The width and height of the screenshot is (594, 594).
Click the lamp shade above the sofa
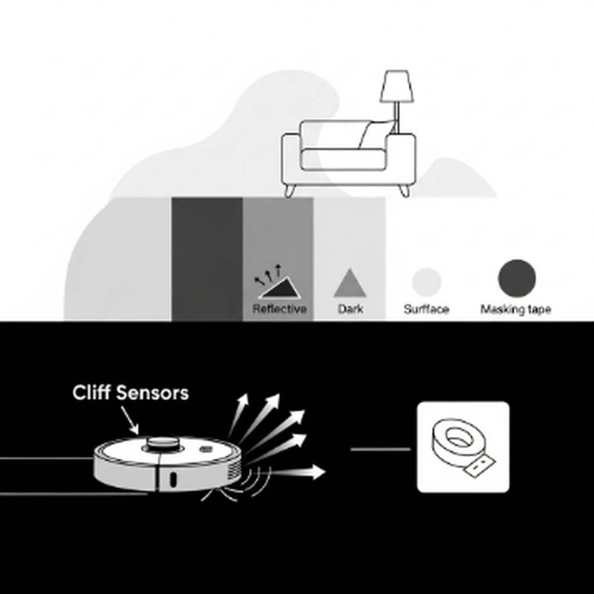[397, 87]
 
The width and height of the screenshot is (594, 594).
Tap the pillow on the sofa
[376, 135]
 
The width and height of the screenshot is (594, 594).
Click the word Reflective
[279, 309]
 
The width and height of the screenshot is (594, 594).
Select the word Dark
[350, 309]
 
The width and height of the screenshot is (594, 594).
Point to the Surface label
[426, 310]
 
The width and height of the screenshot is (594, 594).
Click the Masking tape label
[515, 310]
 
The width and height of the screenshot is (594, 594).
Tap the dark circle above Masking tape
[516, 278]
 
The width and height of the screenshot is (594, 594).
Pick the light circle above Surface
[426, 281]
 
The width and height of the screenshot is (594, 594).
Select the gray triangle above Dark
[350, 284]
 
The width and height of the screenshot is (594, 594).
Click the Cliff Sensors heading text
[131, 393]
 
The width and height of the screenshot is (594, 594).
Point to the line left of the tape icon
[380, 449]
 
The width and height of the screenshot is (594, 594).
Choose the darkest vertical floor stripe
[207, 258]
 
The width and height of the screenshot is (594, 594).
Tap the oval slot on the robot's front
[173, 479]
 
